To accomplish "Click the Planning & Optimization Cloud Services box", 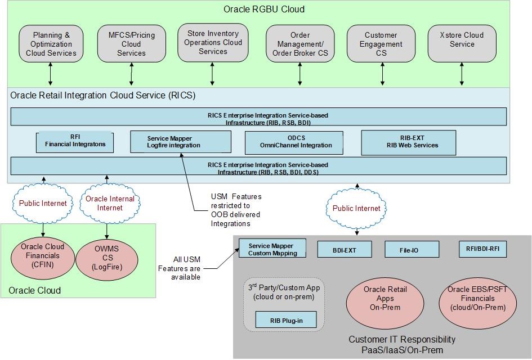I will point(51,44).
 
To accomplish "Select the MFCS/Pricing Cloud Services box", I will point(131,44).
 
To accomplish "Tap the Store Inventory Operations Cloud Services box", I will point(212,43).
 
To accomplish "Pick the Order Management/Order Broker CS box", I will point(300,44).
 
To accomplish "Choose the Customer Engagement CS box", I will point(381,44).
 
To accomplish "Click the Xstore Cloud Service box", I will point(462,43).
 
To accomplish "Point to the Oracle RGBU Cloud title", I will point(264,9).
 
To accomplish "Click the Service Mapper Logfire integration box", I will point(181,142).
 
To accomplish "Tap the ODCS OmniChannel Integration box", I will point(294,143).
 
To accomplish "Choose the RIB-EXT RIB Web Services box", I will point(408,142).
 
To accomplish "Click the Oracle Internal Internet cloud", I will point(110,203).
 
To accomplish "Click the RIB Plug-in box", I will point(286,320).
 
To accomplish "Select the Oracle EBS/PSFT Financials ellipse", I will point(477,298).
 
